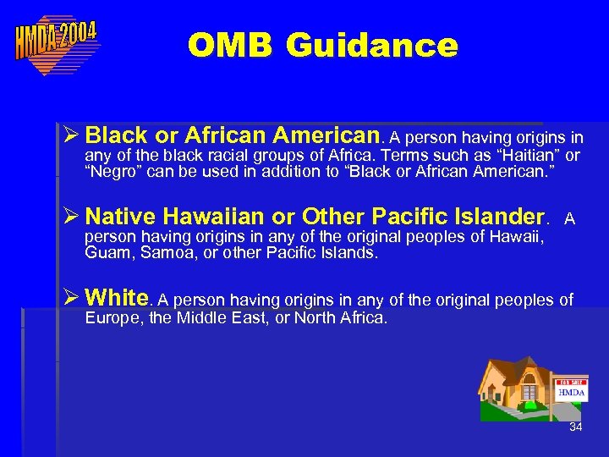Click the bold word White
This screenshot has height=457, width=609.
pos(117,298)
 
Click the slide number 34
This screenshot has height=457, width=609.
pos(575,427)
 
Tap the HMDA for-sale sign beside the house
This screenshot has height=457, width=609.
pos(571,391)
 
